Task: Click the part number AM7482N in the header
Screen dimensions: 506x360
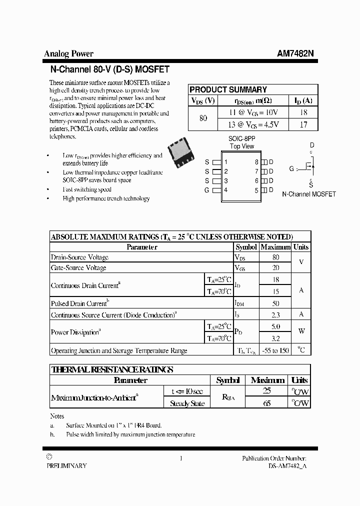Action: tap(295, 54)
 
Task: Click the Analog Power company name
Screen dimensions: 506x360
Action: tap(68, 54)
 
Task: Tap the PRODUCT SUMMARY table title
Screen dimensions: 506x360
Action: tap(228, 89)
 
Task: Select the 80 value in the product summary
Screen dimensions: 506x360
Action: tap(203, 118)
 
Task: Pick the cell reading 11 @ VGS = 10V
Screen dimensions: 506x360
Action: tap(253, 112)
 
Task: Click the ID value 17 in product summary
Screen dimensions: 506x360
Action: tap(303, 124)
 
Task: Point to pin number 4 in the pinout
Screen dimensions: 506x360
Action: tap(226, 190)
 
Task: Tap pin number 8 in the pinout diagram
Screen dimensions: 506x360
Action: tap(256, 162)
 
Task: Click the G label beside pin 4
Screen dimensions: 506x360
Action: tap(206, 190)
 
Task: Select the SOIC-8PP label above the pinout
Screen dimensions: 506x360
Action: tap(241, 137)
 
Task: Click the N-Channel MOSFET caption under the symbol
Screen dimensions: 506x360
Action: tap(309, 194)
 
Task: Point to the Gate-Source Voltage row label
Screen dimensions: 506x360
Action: tap(78, 268)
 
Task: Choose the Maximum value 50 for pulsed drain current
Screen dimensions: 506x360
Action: tap(275, 303)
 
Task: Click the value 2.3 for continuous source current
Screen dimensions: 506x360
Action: tap(275, 315)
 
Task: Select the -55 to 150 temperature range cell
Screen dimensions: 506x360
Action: tap(275, 350)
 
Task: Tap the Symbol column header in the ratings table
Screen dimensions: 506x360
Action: tap(246, 247)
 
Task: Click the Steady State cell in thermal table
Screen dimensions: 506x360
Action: tap(187, 403)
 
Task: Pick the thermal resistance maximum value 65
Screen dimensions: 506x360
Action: tap(267, 403)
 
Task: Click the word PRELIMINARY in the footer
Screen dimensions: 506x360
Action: tap(66, 465)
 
